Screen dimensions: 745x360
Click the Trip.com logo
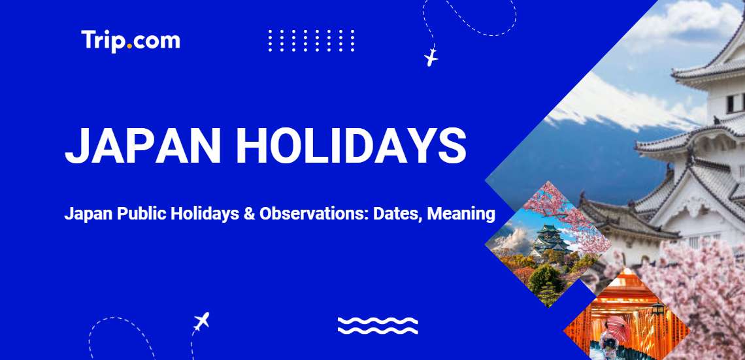click(x=131, y=41)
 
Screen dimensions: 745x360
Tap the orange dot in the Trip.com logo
click(x=129, y=46)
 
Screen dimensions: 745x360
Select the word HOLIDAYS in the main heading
click(x=351, y=145)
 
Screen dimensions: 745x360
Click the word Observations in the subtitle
click(x=314, y=214)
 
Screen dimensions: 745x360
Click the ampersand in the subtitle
click(x=248, y=214)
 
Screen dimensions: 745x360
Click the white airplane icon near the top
click(x=431, y=57)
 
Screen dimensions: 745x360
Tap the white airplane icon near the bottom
click(x=201, y=321)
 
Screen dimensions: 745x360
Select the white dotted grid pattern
click(x=311, y=41)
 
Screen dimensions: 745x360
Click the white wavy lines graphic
click(x=378, y=325)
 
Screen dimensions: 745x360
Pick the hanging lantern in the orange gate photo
click(x=657, y=308)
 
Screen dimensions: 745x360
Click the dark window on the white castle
click(x=731, y=103)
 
